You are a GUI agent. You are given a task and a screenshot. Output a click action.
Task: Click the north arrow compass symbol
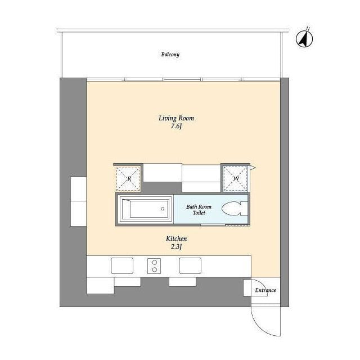(x=304, y=38)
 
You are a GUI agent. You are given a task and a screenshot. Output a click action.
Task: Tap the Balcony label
(x=170, y=55)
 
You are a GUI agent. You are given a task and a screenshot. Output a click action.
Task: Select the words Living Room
(x=176, y=118)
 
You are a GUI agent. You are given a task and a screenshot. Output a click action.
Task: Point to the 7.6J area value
(x=176, y=127)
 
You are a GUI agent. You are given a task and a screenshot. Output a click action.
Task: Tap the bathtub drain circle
(x=163, y=209)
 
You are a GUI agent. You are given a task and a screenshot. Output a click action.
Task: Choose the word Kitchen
(x=176, y=239)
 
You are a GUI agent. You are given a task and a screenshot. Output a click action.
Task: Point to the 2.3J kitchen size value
(x=176, y=247)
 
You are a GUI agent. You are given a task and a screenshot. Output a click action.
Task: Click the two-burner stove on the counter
(x=154, y=265)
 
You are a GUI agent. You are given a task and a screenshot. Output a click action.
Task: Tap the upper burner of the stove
(x=154, y=262)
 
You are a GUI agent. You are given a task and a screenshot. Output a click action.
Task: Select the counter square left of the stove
(x=122, y=265)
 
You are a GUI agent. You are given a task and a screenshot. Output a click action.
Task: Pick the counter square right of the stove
(x=190, y=265)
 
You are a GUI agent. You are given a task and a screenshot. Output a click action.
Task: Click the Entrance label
(x=265, y=290)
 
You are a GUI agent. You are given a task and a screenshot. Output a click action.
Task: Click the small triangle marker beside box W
(x=254, y=168)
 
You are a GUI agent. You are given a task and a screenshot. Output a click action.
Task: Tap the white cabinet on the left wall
(x=78, y=201)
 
